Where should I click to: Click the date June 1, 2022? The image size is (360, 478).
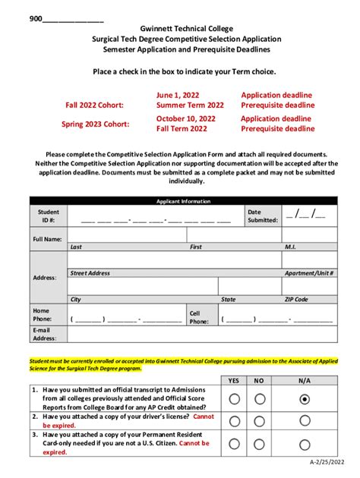point(178,95)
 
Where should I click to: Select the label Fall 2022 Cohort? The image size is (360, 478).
point(94,105)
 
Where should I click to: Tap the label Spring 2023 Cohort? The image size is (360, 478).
point(95,124)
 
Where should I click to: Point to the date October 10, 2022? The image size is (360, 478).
point(185,118)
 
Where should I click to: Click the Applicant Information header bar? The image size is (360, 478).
point(183,201)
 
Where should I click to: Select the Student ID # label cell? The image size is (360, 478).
point(49,216)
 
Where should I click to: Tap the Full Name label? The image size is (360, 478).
point(47,239)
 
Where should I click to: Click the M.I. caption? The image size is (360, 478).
point(290,247)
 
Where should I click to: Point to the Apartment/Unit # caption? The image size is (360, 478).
point(309,273)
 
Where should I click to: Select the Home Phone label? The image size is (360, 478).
point(42,315)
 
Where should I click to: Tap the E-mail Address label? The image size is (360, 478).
point(44,334)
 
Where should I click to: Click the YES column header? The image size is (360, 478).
point(234,380)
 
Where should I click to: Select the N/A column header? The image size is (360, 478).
point(305,380)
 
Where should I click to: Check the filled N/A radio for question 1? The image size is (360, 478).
point(305,398)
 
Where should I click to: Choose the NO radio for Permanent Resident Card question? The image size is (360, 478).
point(260,444)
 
